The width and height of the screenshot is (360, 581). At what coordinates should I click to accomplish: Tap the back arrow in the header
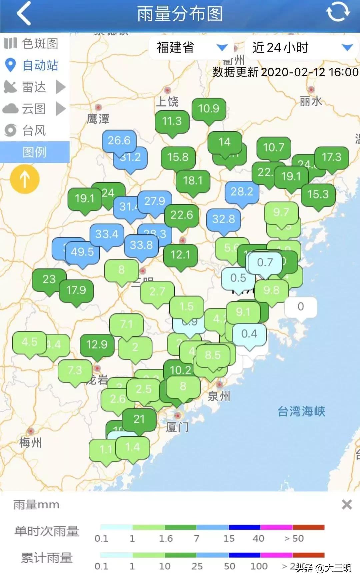[24, 14]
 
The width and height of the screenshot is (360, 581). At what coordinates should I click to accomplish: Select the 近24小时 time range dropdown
[302, 48]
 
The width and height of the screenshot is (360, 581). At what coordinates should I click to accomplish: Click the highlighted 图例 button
[35, 152]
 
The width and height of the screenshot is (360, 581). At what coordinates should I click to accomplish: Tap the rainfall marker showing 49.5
[82, 252]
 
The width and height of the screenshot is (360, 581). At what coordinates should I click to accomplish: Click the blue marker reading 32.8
[224, 219]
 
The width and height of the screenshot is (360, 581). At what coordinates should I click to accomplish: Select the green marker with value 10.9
[209, 109]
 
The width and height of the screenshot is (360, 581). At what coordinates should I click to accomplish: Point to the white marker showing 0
[301, 307]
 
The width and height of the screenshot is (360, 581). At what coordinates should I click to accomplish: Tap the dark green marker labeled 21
[139, 419]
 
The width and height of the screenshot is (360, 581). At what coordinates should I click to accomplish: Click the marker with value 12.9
[97, 344]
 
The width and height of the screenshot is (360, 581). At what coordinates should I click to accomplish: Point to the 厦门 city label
[177, 427]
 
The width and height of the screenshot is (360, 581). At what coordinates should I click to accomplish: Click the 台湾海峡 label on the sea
[301, 411]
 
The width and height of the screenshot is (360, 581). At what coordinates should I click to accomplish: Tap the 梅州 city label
[30, 443]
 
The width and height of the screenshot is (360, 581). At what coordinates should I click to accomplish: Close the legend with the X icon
[347, 505]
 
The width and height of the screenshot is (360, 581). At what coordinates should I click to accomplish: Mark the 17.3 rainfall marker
[332, 157]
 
